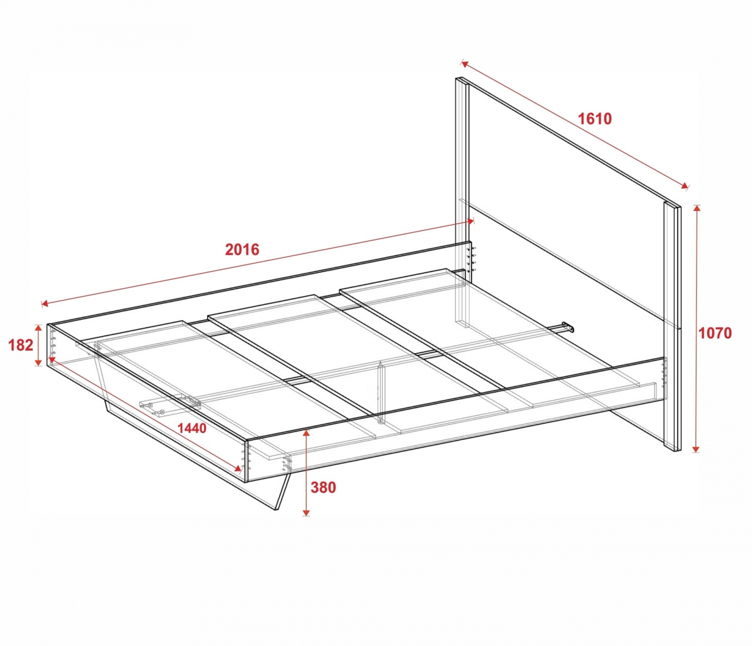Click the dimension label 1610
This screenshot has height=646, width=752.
pyautogui.click(x=595, y=119)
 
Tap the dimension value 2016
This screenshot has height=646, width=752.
pyautogui.click(x=242, y=249)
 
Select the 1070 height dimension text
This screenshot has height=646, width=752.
pyautogui.click(x=715, y=333)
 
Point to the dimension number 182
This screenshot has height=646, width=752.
pyautogui.click(x=21, y=345)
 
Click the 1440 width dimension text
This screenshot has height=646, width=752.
pyautogui.click(x=192, y=429)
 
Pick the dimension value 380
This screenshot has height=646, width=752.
pyautogui.click(x=323, y=487)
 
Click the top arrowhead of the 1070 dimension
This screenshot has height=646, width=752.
pyautogui.click(x=696, y=209)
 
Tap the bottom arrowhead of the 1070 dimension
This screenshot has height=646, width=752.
pyautogui.click(x=696, y=449)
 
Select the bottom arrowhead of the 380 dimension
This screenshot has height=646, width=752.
pyautogui.click(x=306, y=512)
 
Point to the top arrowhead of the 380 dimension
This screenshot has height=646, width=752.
pyautogui.click(x=306, y=433)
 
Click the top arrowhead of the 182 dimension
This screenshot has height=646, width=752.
pyautogui.click(x=38, y=329)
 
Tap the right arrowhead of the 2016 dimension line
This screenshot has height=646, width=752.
pyautogui.click(x=470, y=221)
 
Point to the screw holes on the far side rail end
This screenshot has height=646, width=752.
pyautogui.click(x=474, y=259)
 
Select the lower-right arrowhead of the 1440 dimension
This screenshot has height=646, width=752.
pyautogui.click(x=239, y=469)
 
